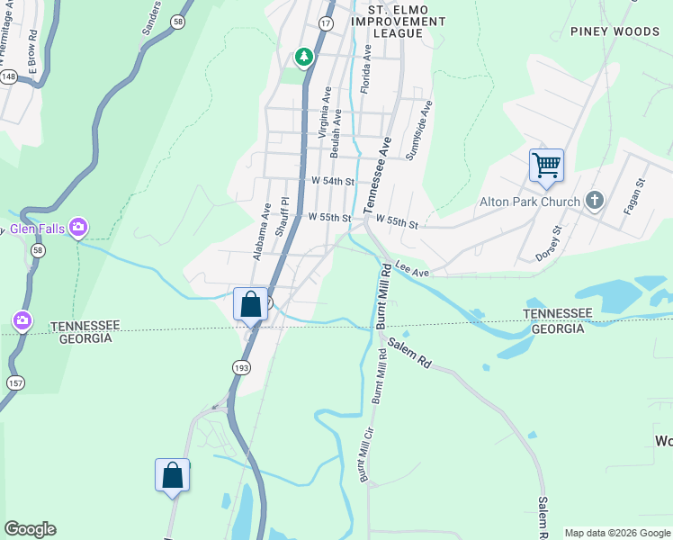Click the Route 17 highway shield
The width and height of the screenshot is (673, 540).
(326, 22)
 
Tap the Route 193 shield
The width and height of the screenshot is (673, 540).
(240, 367)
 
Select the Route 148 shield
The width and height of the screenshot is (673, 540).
(9, 77)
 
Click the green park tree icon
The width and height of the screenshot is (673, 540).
(304, 58)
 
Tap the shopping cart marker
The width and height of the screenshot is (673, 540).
(545, 166)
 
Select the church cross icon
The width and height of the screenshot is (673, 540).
(594, 201)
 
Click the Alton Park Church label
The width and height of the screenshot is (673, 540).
(529, 202)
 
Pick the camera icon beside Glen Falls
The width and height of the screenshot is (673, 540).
(78, 226)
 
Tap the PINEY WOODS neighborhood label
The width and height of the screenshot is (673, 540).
(615, 31)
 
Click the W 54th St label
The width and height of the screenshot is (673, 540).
(332, 181)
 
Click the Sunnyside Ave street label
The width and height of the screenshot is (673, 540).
(418, 130)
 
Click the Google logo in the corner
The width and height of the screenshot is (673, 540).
(30, 529)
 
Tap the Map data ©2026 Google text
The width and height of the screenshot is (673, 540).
(616, 533)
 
